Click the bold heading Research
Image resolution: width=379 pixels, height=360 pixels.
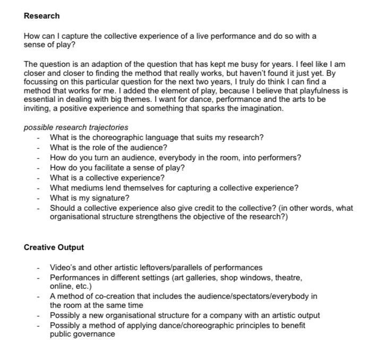[x=42, y=16]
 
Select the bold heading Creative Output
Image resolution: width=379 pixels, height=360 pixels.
[x=54, y=247]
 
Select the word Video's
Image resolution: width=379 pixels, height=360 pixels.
[x=63, y=268]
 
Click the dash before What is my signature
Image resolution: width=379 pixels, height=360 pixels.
[x=38, y=198]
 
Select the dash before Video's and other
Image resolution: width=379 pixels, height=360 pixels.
[x=38, y=268]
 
